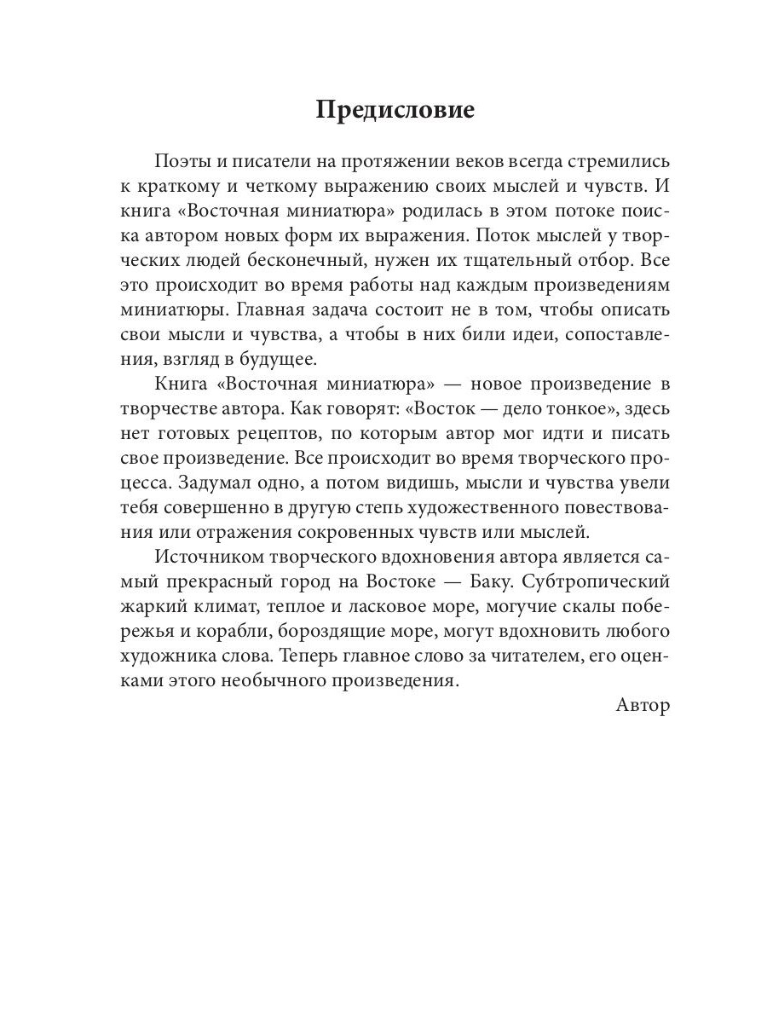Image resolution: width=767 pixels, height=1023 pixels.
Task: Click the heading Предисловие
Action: pyautogui.click(x=395, y=110)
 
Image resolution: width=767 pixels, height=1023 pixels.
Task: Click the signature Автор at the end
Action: pyautogui.click(x=642, y=706)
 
